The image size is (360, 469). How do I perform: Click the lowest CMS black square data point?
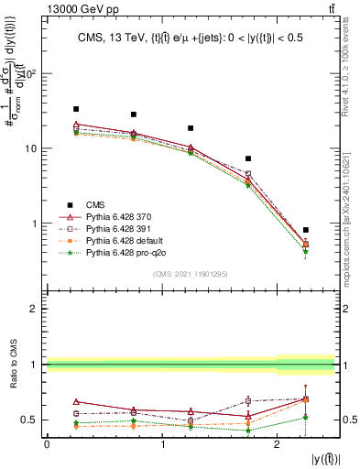click(305, 230)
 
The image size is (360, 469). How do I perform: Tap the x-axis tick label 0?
click(47, 445)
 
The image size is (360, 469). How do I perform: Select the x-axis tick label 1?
click(162, 445)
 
